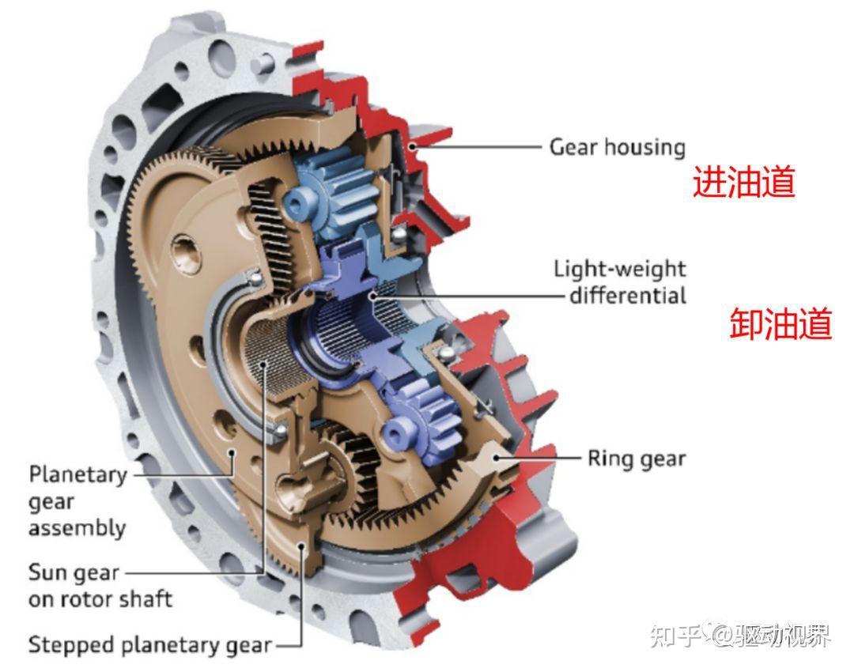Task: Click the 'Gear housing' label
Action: [x=617, y=147]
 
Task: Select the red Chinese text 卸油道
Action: [x=780, y=324]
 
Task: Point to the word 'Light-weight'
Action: [x=619, y=269]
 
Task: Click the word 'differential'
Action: [x=628, y=296]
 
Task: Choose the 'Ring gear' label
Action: [x=636, y=458]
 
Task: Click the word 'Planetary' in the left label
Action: [x=77, y=474]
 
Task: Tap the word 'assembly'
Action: [x=77, y=527]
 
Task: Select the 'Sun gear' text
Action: [x=74, y=572]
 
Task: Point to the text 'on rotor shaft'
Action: [x=100, y=598]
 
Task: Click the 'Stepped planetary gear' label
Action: [x=150, y=644]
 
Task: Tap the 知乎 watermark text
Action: [x=676, y=634]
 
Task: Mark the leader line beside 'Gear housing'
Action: [x=482, y=147]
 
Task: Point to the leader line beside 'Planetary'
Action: [x=182, y=474]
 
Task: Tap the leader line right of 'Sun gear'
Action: [x=194, y=572]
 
